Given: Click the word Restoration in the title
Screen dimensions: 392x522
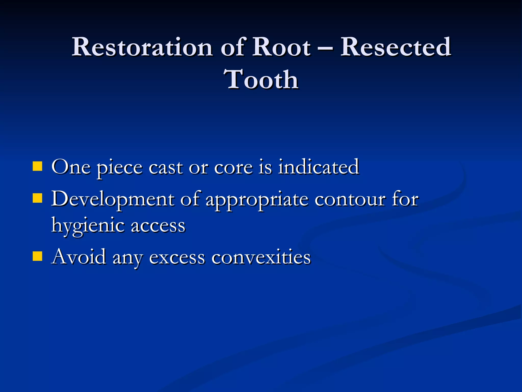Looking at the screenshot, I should click(142, 47).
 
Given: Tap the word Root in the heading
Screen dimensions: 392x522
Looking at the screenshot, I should click(281, 47).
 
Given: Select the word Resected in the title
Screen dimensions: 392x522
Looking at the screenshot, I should click(396, 47).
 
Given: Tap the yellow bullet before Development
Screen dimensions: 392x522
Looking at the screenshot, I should click(37, 198).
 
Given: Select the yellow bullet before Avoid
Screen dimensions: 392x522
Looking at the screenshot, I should click(37, 256).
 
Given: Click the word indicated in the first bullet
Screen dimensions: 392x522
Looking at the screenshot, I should click(318, 167).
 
